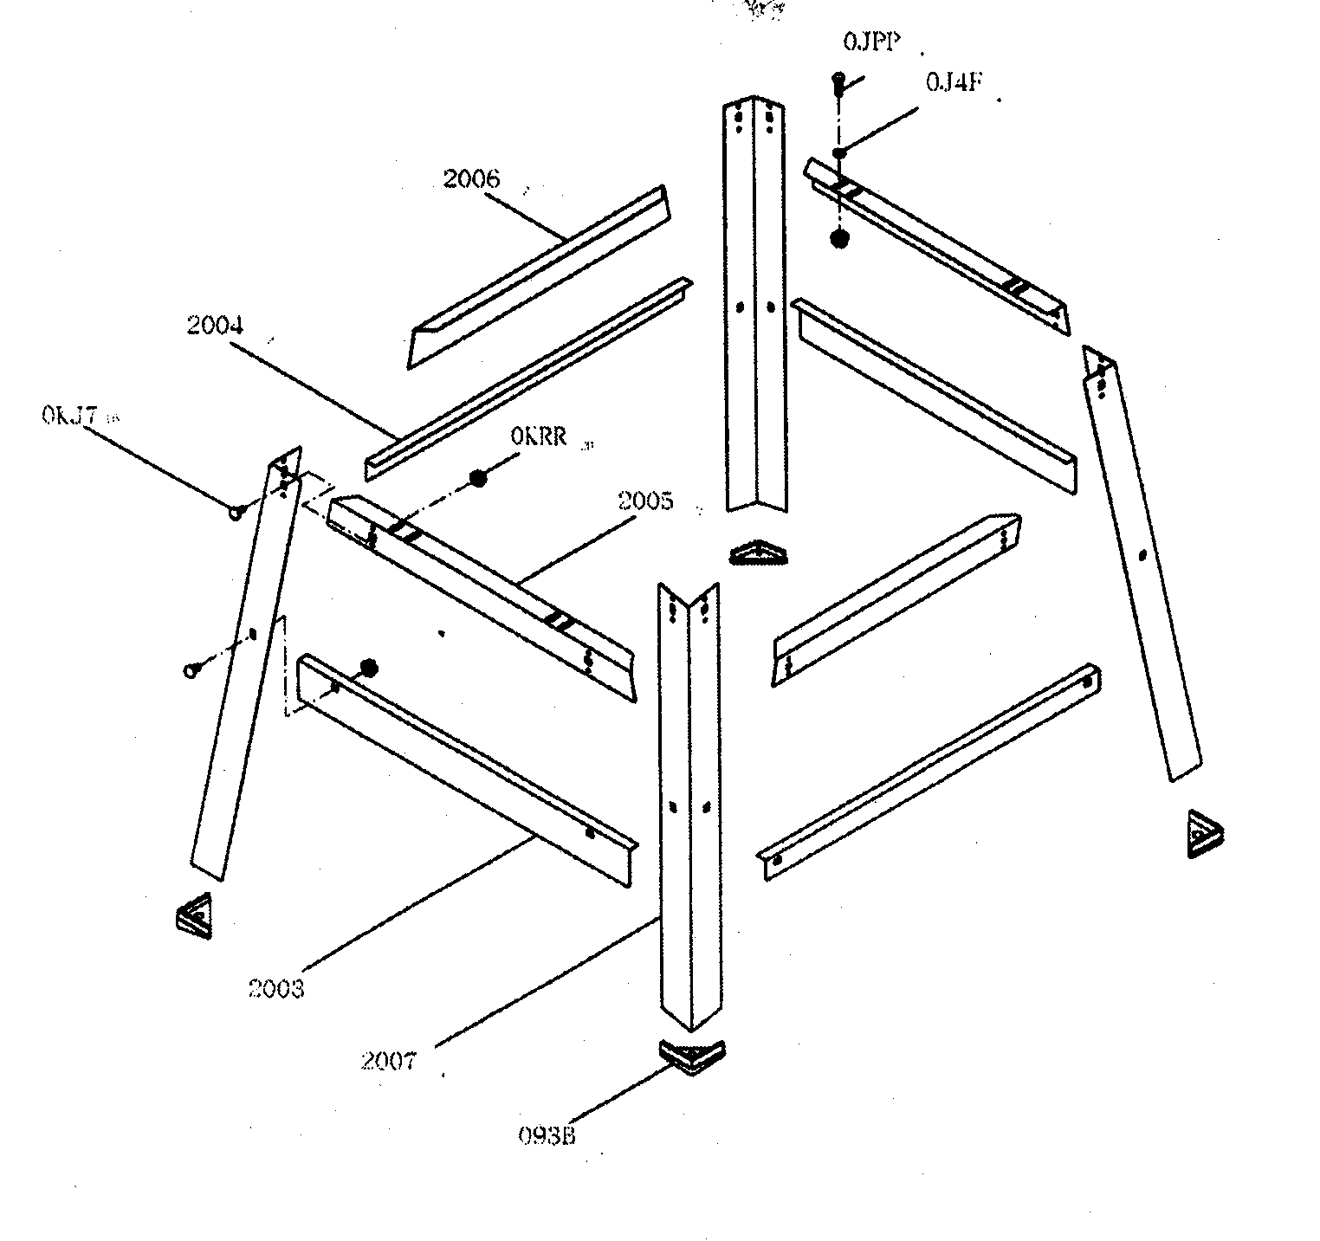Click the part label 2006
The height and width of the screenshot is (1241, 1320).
tap(471, 179)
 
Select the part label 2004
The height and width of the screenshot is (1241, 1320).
tap(215, 326)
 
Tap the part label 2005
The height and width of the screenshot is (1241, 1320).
tap(644, 501)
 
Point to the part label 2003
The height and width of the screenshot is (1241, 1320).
tap(276, 988)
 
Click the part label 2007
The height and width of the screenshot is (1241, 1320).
tap(389, 1060)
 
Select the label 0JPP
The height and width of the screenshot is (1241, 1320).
tap(870, 42)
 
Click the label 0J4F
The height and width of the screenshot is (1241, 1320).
tap(954, 83)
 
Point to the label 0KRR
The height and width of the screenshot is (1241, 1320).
tap(539, 437)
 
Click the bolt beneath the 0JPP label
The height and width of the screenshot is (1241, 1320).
tap(838, 81)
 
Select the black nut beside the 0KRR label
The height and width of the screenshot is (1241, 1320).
tap(477, 477)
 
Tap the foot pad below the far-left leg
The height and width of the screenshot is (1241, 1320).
tap(195, 914)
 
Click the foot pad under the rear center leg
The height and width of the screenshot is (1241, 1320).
tap(760, 553)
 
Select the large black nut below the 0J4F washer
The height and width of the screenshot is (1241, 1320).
tap(838, 238)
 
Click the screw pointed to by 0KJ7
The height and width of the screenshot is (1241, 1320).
tap(236, 513)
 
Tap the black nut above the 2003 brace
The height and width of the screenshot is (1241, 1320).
tap(369, 667)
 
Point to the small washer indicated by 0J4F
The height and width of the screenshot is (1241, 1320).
tap(838, 153)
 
